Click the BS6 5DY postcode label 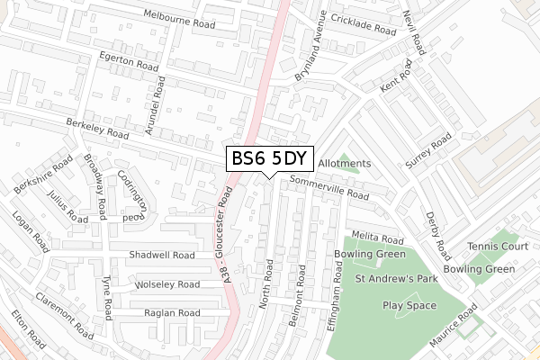[270, 159]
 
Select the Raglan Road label [171, 312]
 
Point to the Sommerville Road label [329, 189]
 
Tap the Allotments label [344, 164]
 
